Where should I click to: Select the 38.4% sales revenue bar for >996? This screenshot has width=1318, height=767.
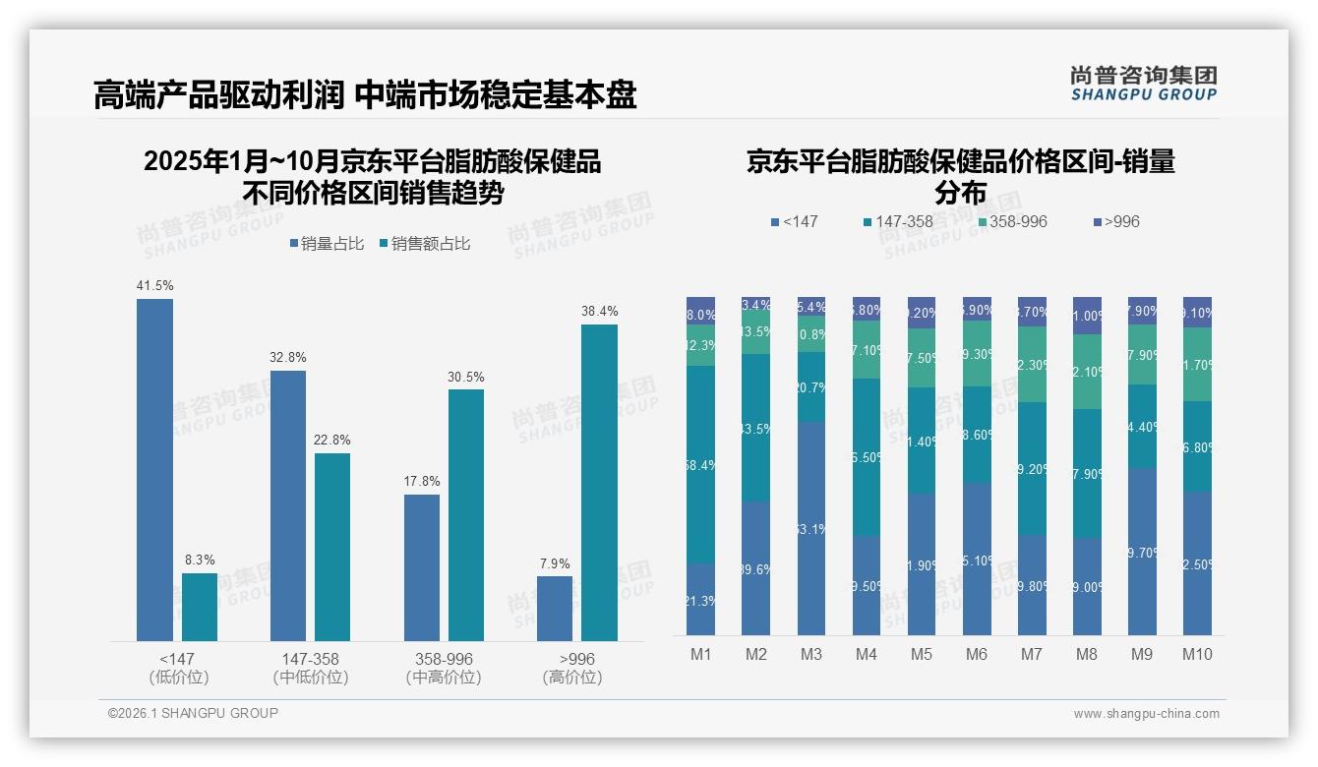599,483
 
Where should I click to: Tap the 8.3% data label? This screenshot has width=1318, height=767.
200,560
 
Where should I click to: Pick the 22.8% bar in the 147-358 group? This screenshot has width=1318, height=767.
332,547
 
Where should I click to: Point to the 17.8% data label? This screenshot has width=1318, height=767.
422,482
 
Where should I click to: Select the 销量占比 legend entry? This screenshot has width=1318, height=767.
327,244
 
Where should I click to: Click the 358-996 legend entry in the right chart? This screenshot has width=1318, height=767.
1012,222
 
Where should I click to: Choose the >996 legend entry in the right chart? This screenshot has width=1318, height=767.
1115,222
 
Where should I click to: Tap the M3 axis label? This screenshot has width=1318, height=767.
811,655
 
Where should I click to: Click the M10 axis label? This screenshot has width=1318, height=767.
1197,655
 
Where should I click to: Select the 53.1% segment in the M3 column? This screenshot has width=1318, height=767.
811,528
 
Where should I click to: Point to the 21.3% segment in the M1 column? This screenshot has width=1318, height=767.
701,599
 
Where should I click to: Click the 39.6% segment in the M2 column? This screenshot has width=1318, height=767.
756,568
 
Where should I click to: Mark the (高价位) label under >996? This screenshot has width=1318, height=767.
571,678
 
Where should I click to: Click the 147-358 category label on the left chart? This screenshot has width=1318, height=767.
311,659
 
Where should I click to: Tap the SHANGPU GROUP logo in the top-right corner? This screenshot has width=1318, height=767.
1143,84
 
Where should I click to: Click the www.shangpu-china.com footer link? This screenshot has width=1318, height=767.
1146,714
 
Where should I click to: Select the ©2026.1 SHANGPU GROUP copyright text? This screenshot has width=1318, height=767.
193,713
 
